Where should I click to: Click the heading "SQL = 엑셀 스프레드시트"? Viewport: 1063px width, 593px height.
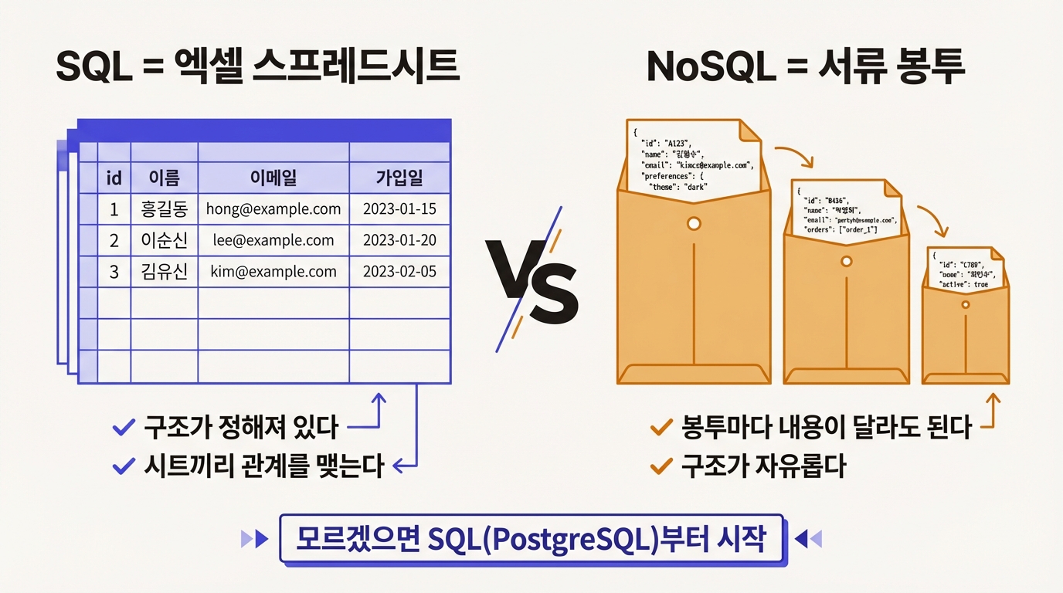coord(257,67)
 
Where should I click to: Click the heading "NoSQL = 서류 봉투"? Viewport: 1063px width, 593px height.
coord(806,67)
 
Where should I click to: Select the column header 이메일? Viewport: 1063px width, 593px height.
coord(273,178)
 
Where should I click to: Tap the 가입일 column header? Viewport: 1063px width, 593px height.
coord(399,178)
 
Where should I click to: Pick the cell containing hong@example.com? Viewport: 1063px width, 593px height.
coord(273,208)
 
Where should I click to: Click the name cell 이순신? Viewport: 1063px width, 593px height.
coord(165,240)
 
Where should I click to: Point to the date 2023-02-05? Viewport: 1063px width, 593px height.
coord(399,271)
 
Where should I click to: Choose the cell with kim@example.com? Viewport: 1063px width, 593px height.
coord(273,271)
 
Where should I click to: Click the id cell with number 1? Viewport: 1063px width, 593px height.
coord(114,208)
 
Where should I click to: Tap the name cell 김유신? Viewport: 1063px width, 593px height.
coord(165,271)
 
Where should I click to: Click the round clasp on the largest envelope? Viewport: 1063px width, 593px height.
coord(694,224)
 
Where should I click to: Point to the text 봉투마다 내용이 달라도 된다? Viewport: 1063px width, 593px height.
coord(826,427)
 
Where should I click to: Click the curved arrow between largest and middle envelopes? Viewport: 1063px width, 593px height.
coord(793,154)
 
